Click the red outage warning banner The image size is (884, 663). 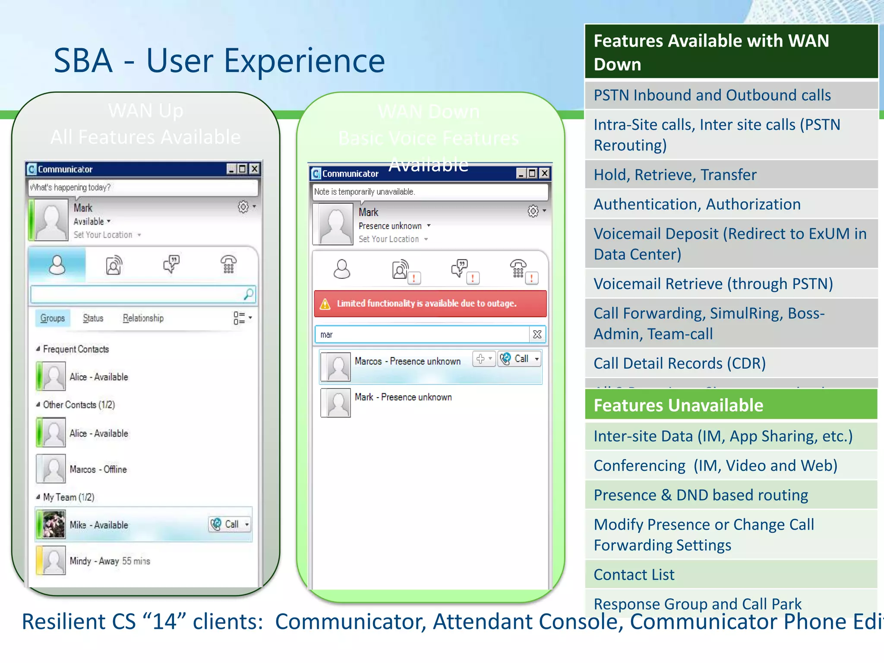[x=430, y=303]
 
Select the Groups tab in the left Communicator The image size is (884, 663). [x=53, y=318]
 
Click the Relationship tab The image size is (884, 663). [x=143, y=318]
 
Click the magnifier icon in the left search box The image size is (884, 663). [x=249, y=294]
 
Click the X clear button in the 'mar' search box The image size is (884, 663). [x=537, y=335]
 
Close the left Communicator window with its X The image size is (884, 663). [x=255, y=169]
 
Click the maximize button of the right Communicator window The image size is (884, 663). [x=532, y=174]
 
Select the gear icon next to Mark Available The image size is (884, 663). [x=243, y=207]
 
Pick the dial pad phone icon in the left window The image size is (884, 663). [x=228, y=264]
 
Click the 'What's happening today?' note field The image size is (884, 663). [x=142, y=187]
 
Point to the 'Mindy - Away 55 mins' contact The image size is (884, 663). [x=110, y=561]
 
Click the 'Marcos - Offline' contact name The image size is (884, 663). [x=98, y=469]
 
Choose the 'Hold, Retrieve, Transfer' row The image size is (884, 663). [x=730, y=175]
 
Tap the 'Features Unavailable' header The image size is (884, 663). [x=730, y=405]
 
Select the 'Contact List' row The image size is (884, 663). [x=730, y=575]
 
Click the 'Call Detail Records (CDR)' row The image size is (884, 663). [x=730, y=363]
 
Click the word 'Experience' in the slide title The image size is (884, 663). [x=304, y=60]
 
